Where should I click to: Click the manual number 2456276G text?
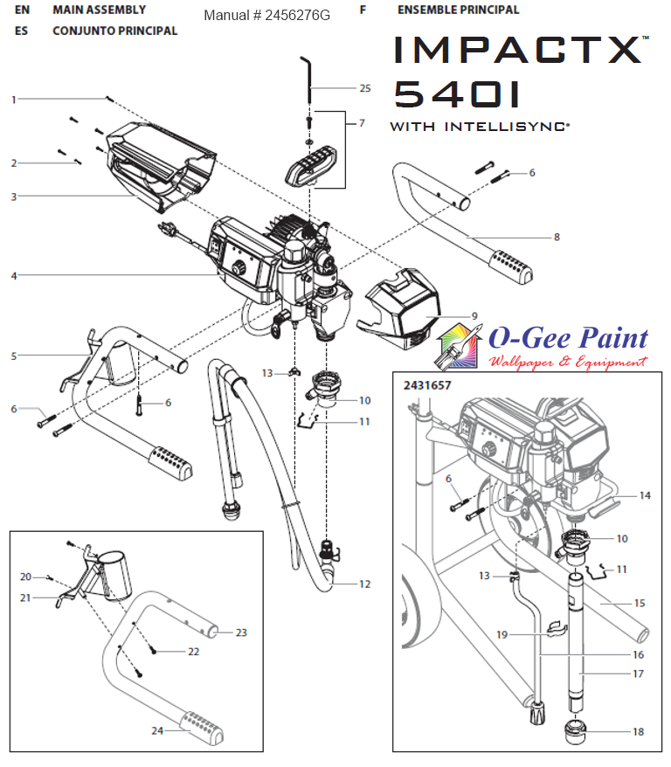pyautogui.click(x=266, y=16)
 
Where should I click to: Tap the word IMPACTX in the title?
pyautogui.click(x=519, y=51)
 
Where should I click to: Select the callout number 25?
pyautogui.click(x=365, y=88)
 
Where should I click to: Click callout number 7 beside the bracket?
pyautogui.click(x=361, y=123)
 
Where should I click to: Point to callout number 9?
pyautogui.click(x=474, y=316)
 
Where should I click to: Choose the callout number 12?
pyautogui.click(x=363, y=584)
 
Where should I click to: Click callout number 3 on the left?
pyautogui.click(x=14, y=197)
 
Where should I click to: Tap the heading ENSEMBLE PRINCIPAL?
pyautogui.click(x=458, y=10)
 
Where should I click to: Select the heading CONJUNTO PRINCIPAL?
pyautogui.click(x=114, y=31)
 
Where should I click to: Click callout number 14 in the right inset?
pyautogui.click(x=645, y=495)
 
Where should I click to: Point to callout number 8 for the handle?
pyautogui.click(x=557, y=237)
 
